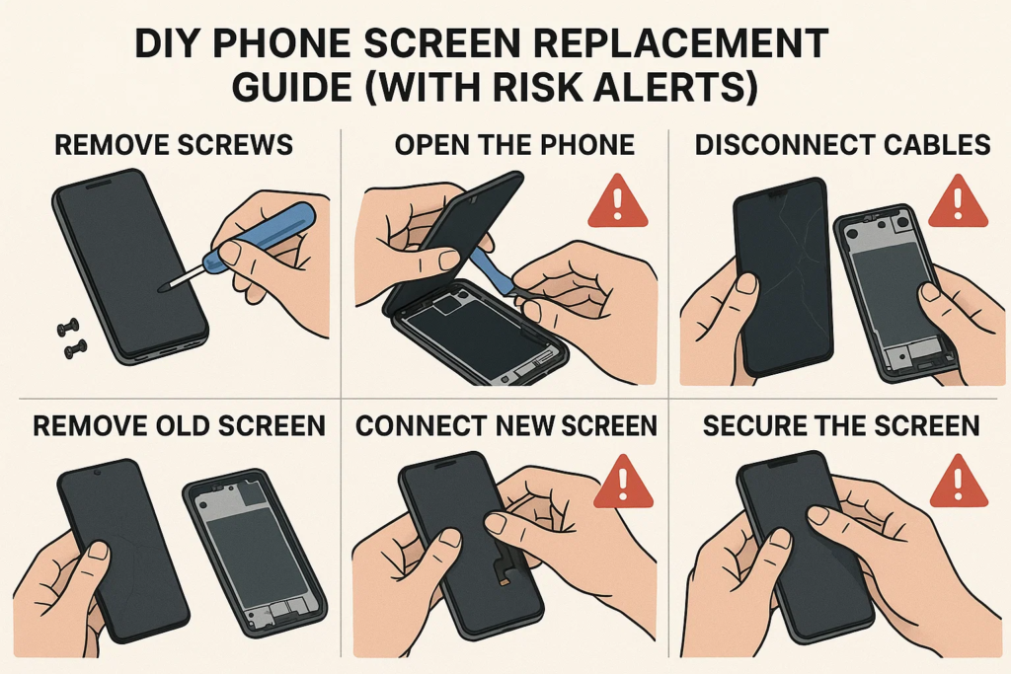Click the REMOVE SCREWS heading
tap(174, 145)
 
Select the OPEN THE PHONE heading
tap(514, 145)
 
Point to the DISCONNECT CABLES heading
tap(843, 145)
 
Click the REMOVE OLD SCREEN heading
tap(180, 426)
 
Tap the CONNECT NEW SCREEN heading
tap(506, 426)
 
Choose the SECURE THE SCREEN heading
tap(841, 426)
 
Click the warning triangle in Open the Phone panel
tap(618, 201)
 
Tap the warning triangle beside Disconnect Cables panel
tap(958, 201)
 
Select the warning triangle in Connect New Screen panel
tap(623, 483)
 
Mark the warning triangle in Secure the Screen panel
tap(959, 483)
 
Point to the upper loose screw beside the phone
tap(68, 328)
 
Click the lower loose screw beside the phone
tap(75, 349)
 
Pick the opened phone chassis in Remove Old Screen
tap(255, 556)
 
